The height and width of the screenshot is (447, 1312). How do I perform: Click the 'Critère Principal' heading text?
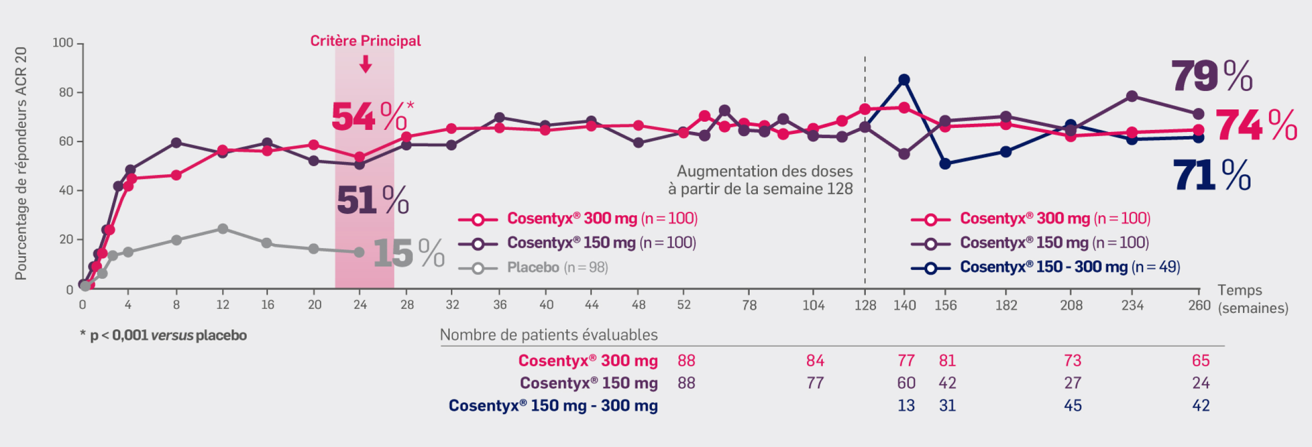(365, 41)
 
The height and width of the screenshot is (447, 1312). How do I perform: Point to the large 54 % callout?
(369, 117)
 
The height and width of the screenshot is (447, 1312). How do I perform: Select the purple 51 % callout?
(373, 200)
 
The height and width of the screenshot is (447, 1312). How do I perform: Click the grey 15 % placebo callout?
(408, 253)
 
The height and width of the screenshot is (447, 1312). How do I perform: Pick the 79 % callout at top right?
(1211, 76)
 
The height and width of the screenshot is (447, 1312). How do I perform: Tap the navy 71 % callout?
(1211, 175)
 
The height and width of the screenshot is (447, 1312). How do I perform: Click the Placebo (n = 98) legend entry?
(557, 267)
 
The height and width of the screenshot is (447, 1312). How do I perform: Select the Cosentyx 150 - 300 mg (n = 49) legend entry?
(1069, 267)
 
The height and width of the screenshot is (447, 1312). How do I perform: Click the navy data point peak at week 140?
(904, 80)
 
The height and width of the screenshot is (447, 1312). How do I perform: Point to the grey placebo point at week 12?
(223, 229)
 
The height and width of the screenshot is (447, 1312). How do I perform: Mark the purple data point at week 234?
(1132, 96)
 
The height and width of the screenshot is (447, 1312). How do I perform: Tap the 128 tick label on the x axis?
(865, 305)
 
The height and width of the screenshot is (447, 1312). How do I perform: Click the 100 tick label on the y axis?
(63, 43)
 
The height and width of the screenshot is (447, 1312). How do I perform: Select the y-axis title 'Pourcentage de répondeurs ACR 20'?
(20, 164)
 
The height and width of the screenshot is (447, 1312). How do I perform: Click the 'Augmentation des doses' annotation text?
(764, 171)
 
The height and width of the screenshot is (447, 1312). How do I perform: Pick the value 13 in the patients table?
(906, 406)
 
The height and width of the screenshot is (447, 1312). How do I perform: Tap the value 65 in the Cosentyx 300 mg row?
(1200, 361)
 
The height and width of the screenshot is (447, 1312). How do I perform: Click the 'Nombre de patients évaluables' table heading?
(549, 335)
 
